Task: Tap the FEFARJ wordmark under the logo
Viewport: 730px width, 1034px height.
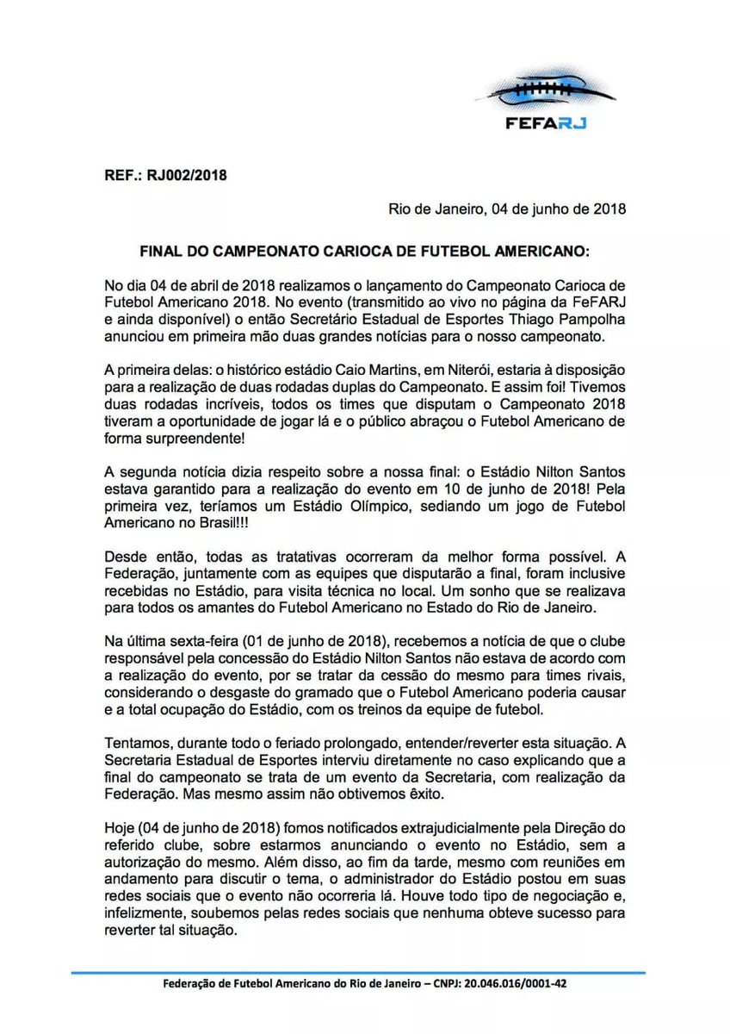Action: click(546, 122)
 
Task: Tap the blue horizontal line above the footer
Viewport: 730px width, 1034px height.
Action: click(365, 972)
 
